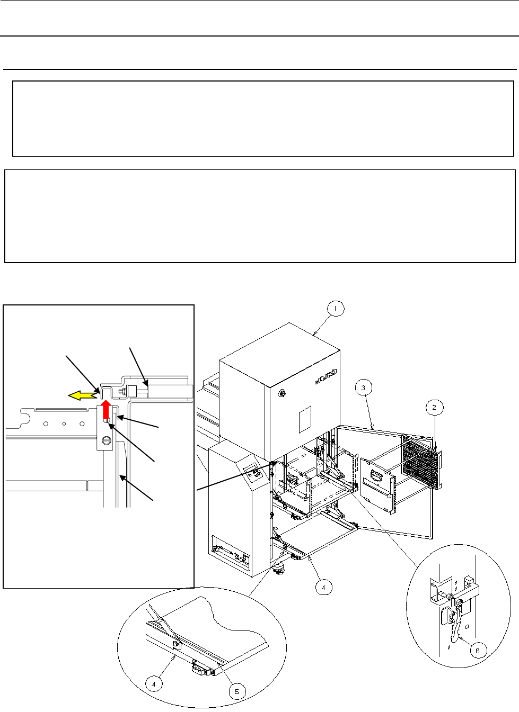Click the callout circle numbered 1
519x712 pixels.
[x=336, y=308]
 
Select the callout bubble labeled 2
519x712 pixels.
[x=434, y=407]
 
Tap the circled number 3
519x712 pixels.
[x=363, y=387]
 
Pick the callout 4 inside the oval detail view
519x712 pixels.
[x=154, y=683]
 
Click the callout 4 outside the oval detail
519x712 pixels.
[x=323, y=587]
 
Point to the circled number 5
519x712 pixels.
[x=237, y=691]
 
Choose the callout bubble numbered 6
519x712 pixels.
[x=478, y=651]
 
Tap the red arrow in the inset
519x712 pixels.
[x=107, y=409]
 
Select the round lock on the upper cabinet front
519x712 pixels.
[x=281, y=393]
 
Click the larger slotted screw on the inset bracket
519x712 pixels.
[x=107, y=439]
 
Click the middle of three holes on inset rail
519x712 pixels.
[x=64, y=423]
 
